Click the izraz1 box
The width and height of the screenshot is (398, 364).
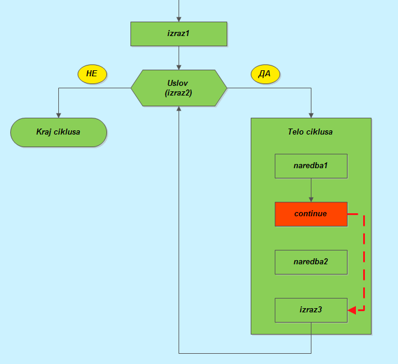(x=179, y=34)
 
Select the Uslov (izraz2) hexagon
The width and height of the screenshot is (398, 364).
(x=179, y=88)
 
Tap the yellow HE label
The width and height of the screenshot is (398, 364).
(x=92, y=74)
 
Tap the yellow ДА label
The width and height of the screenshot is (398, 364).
(x=265, y=74)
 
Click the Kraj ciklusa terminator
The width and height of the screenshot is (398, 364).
(x=58, y=132)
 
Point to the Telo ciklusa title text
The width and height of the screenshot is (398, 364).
(x=310, y=132)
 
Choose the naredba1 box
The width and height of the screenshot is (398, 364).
(x=311, y=166)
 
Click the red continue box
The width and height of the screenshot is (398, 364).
(x=311, y=214)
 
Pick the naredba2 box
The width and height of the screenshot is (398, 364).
(x=311, y=262)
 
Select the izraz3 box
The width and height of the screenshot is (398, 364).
(x=311, y=310)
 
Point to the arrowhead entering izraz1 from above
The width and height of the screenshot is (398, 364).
(x=179, y=19)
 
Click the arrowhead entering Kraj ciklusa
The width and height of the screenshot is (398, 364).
(x=58, y=115)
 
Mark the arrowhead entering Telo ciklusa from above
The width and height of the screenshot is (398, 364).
(x=311, y=115)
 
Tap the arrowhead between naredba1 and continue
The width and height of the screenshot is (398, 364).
(x=311, y=199)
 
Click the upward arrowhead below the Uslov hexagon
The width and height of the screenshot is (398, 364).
(x=179, y=109)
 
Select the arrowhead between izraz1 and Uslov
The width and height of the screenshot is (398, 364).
(x=179, y=67)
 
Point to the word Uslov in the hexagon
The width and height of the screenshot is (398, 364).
(x=179, y=83)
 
